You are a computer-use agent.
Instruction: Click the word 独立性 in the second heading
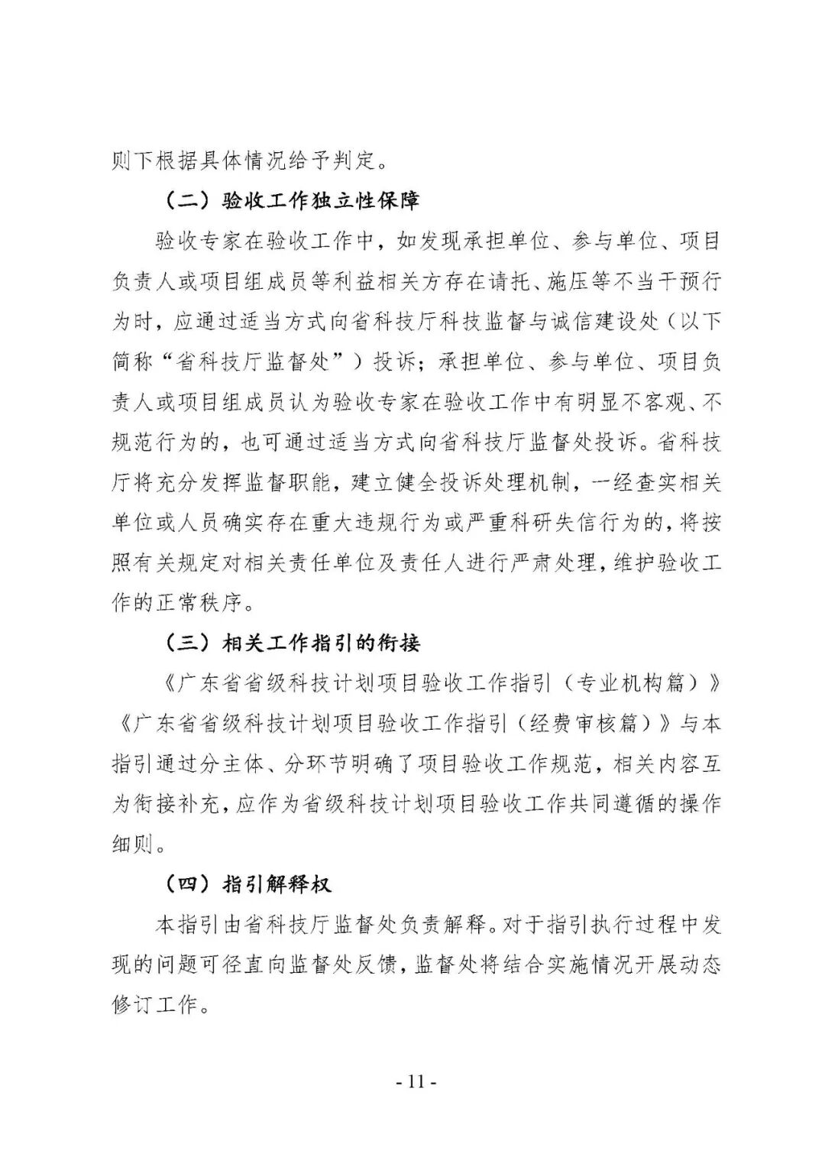click(335, 202)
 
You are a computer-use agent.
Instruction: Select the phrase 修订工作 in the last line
click(154, 1004)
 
